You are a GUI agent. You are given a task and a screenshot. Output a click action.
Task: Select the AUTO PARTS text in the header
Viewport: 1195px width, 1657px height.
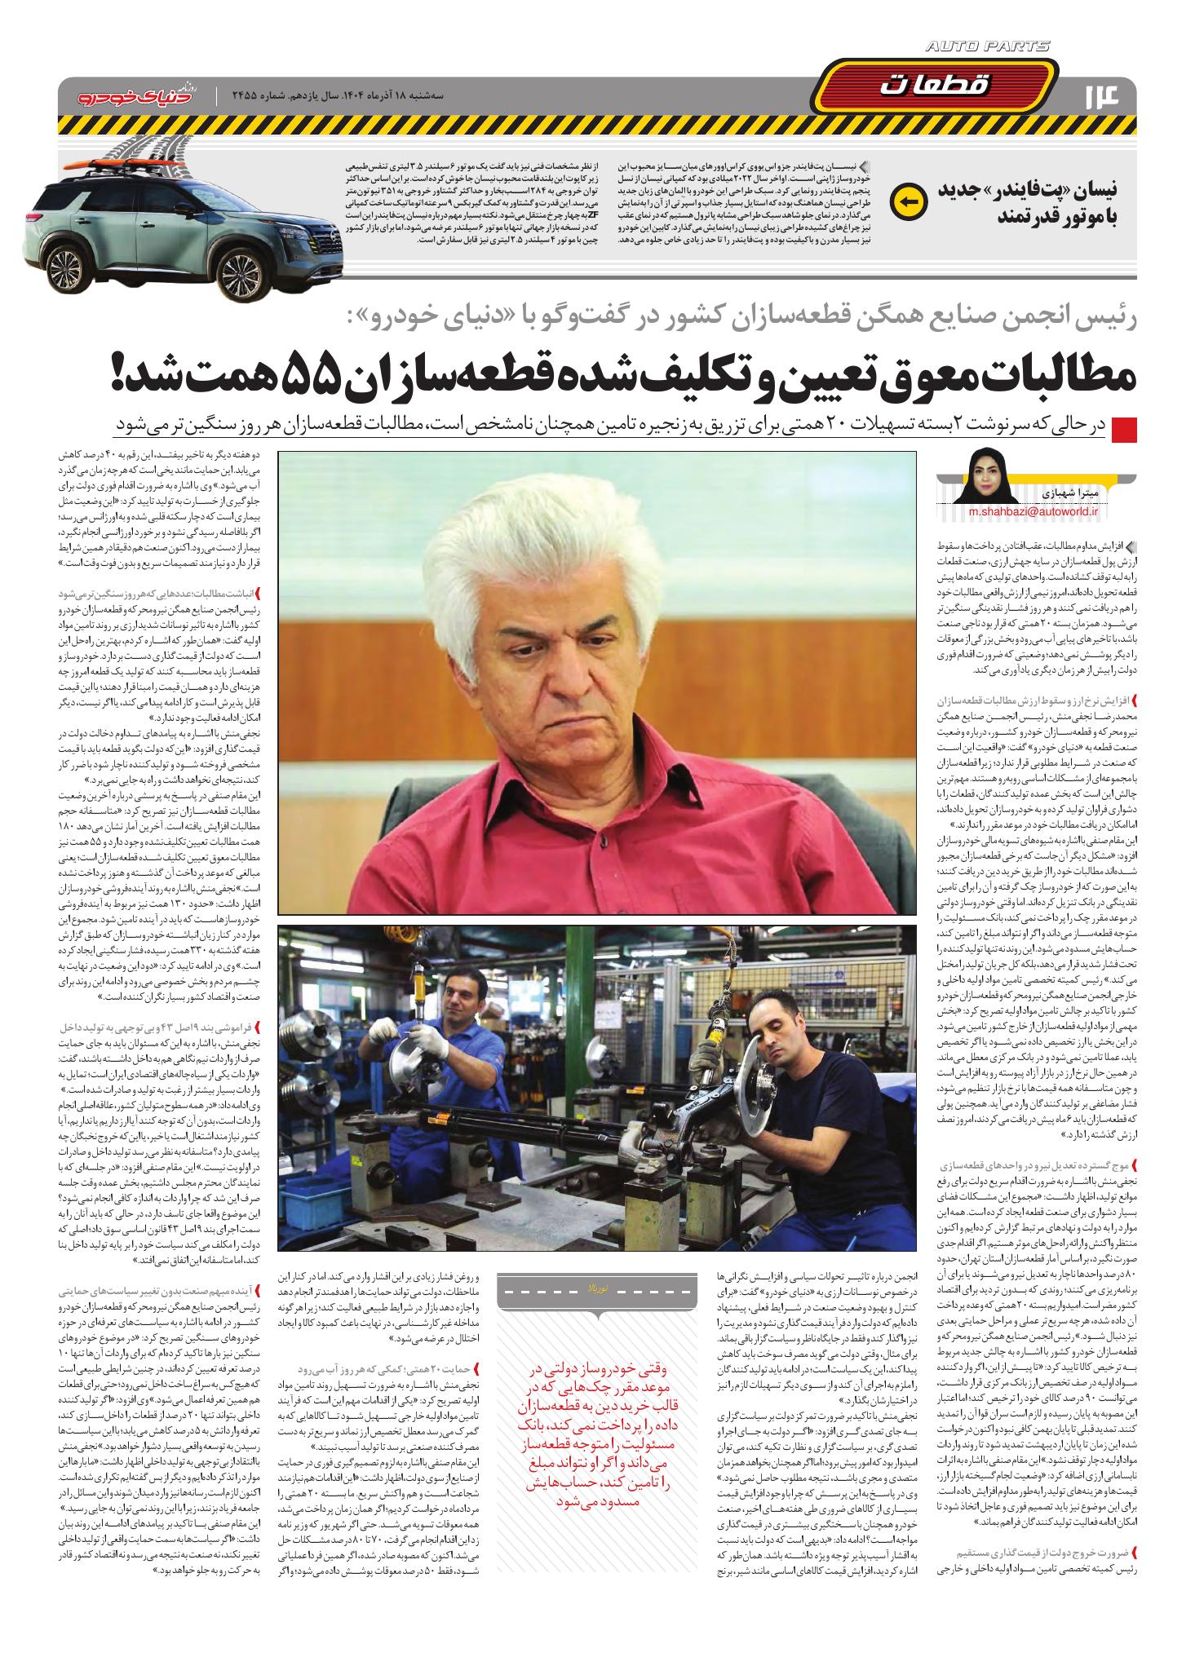988,47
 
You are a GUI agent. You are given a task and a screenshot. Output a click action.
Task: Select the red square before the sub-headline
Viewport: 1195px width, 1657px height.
1124,428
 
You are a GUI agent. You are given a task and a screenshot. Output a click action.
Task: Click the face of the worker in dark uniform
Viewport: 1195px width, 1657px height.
787,1037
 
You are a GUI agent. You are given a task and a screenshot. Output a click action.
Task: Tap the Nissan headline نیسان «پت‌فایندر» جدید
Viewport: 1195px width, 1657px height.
1037,201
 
